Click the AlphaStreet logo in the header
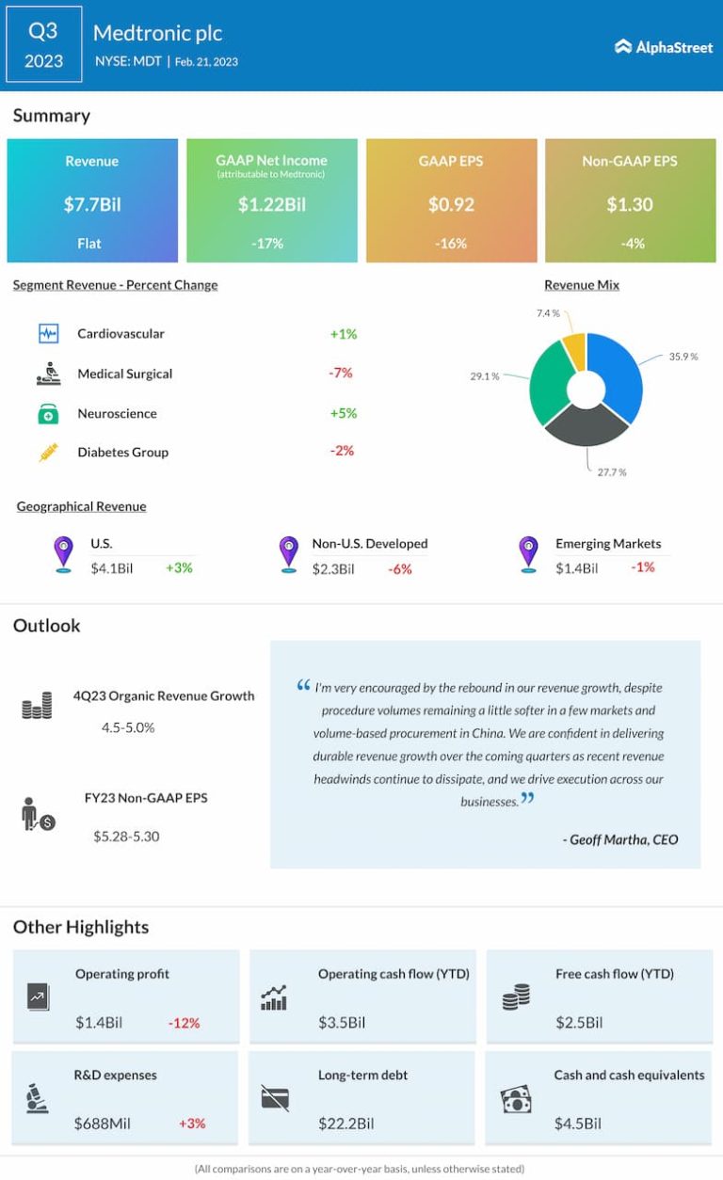(x=664, y=47)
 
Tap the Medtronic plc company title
(x=157, y=33)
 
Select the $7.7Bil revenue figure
(x=92, y=204)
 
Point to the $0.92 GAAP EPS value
(x=451, y=204)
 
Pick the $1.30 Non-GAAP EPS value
(x=630, y=204)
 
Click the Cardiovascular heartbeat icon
(x=48, y=333)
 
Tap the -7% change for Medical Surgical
(x=341, y=373)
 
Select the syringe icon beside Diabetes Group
(x=48, y=453)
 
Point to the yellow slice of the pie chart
(x=573, y=350)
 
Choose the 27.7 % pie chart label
(x=610, y=471)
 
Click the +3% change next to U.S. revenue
(x=179, y=567)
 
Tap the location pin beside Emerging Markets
(x=529, y=553)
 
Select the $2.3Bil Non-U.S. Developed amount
(x=333, y=568)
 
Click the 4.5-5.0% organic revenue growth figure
(x=128, y=727)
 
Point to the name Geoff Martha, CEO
(x=619, y=839)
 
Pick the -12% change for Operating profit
(x=184, y=1023)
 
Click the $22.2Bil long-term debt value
(x=345, y=1124)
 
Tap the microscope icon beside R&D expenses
(x=38, y=1099)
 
